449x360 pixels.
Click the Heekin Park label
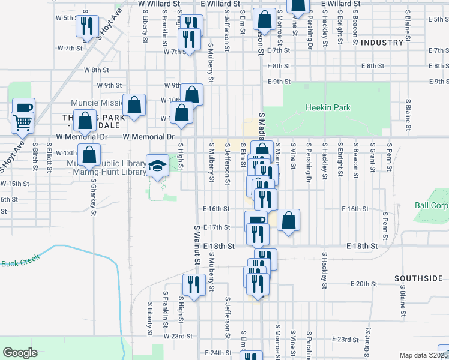coord(328,108)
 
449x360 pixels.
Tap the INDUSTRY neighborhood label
coord(382,43)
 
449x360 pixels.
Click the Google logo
coord(20,353)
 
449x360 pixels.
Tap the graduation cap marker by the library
coord(157,165)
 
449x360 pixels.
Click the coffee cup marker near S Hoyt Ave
coord(24,108)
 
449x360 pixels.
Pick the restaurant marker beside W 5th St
coord(86,25)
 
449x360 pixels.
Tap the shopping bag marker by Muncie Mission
coord(134,103)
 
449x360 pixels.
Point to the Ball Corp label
coord(432,205)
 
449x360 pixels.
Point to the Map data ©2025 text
coord(424,355)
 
